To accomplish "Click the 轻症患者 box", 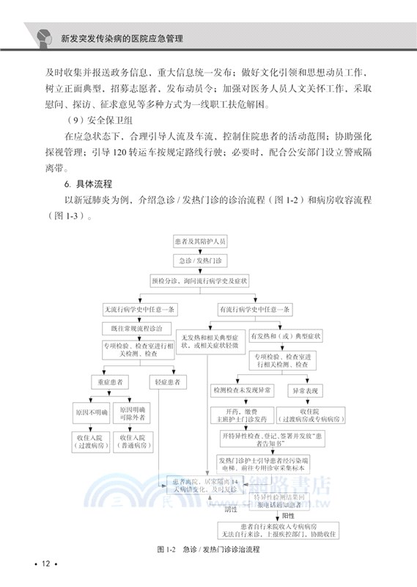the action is [x=168, y=382].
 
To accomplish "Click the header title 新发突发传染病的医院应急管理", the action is [x=121, y=36].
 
